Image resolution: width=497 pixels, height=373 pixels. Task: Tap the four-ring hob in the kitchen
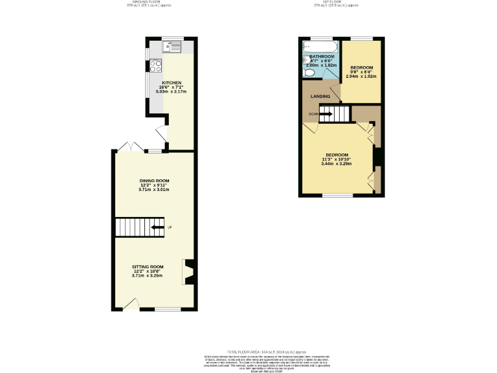coord(156,65)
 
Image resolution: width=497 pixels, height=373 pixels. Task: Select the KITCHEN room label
coord(171,83)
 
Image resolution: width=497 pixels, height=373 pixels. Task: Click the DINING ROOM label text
coord(154,181)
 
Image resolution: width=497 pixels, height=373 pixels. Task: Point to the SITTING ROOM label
coord(148,267)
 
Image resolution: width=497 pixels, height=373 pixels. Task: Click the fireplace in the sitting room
coord(189,272)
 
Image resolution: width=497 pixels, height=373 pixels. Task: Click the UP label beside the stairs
coord(170,227)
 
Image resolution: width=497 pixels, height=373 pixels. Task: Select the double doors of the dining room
coord(127,148)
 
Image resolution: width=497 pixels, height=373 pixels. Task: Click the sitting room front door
coord(131,304)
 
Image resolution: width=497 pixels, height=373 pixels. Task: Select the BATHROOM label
coord(322,56)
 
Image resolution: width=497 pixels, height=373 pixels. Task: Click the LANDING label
coord(320,96)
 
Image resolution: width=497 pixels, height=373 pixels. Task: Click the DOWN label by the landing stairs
coord(313,115)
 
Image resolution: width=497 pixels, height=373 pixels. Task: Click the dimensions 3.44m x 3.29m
coord(337,163)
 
